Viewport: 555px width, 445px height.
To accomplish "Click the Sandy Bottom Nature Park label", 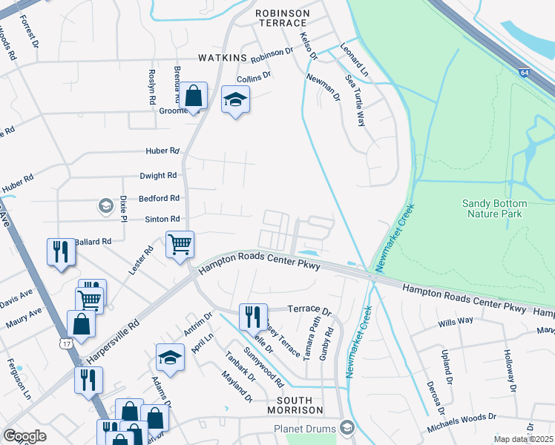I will pyautogui.click(x=495, y=208).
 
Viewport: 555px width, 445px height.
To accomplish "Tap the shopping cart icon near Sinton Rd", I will pyautogui.click(x=180, y=244).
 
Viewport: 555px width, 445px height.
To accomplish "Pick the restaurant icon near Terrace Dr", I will pyautogui.click(x=253, y=317).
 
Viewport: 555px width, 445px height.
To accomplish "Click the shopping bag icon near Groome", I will pyautogui.click(x=194, y=97).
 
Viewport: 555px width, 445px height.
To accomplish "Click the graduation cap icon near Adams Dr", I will pyautogui.click(x=170, y=357).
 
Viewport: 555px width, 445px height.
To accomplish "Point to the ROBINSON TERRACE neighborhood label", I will pyautogui.click(x=281, y=19).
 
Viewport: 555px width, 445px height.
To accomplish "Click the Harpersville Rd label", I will pyautogui.click(x=113, y=342).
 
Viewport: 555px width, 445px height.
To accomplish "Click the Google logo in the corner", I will pyautogui.click(x=24, y=436).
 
